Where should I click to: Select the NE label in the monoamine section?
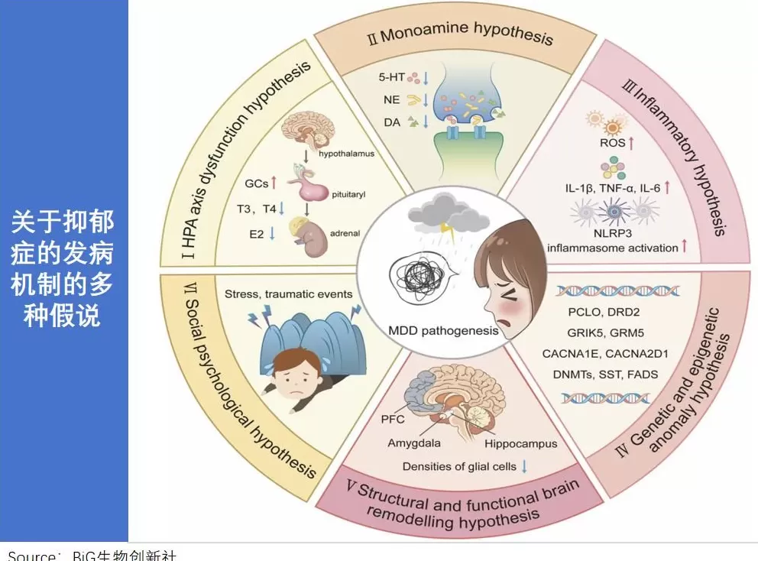[391, 99]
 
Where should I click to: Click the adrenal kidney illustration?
[309, 236]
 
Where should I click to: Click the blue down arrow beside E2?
[273, 234]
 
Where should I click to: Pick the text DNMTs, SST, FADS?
[605, 375]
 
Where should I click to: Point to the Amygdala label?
[414, 443]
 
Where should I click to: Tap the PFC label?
[391, 419]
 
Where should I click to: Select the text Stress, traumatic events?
[289, 293]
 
